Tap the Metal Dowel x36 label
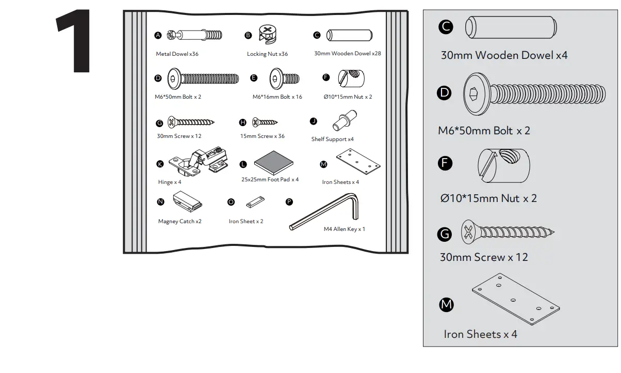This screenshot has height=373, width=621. (177, 54)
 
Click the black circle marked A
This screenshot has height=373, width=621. (158, 35)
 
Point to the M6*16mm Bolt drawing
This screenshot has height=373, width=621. (284, 79)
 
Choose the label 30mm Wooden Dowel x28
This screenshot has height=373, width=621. (347, 53)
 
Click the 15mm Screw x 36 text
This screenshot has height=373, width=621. (262, 136)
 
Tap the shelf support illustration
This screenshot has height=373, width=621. (345, 121)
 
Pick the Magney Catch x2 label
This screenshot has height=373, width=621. (179, 222)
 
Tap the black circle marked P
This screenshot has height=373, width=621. (289, 201)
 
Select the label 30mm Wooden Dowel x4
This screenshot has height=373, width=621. (504, 55)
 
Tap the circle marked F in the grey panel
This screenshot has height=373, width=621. (445, 164)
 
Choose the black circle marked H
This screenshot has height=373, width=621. (242, 122)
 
